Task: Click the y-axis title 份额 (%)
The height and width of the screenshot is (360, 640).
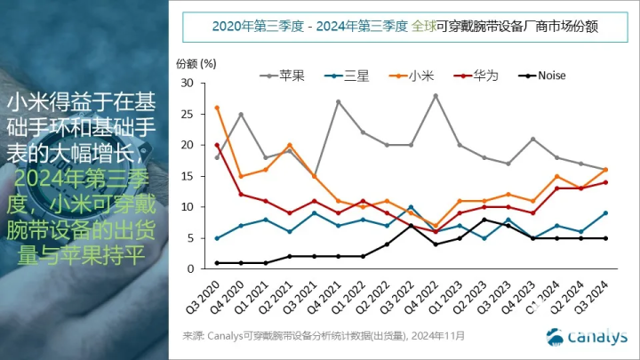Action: (x=196, y=63)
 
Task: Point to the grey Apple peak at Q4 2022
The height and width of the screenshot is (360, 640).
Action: (x=436, y=95)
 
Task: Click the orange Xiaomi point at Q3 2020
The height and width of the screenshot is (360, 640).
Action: (x=218, y=108)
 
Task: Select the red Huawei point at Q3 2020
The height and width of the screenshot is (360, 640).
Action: (x=218, y=145)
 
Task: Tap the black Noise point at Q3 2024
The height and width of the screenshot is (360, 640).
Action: (x=605, y=238)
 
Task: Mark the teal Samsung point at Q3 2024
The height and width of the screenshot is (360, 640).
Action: (x=605, y=213)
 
